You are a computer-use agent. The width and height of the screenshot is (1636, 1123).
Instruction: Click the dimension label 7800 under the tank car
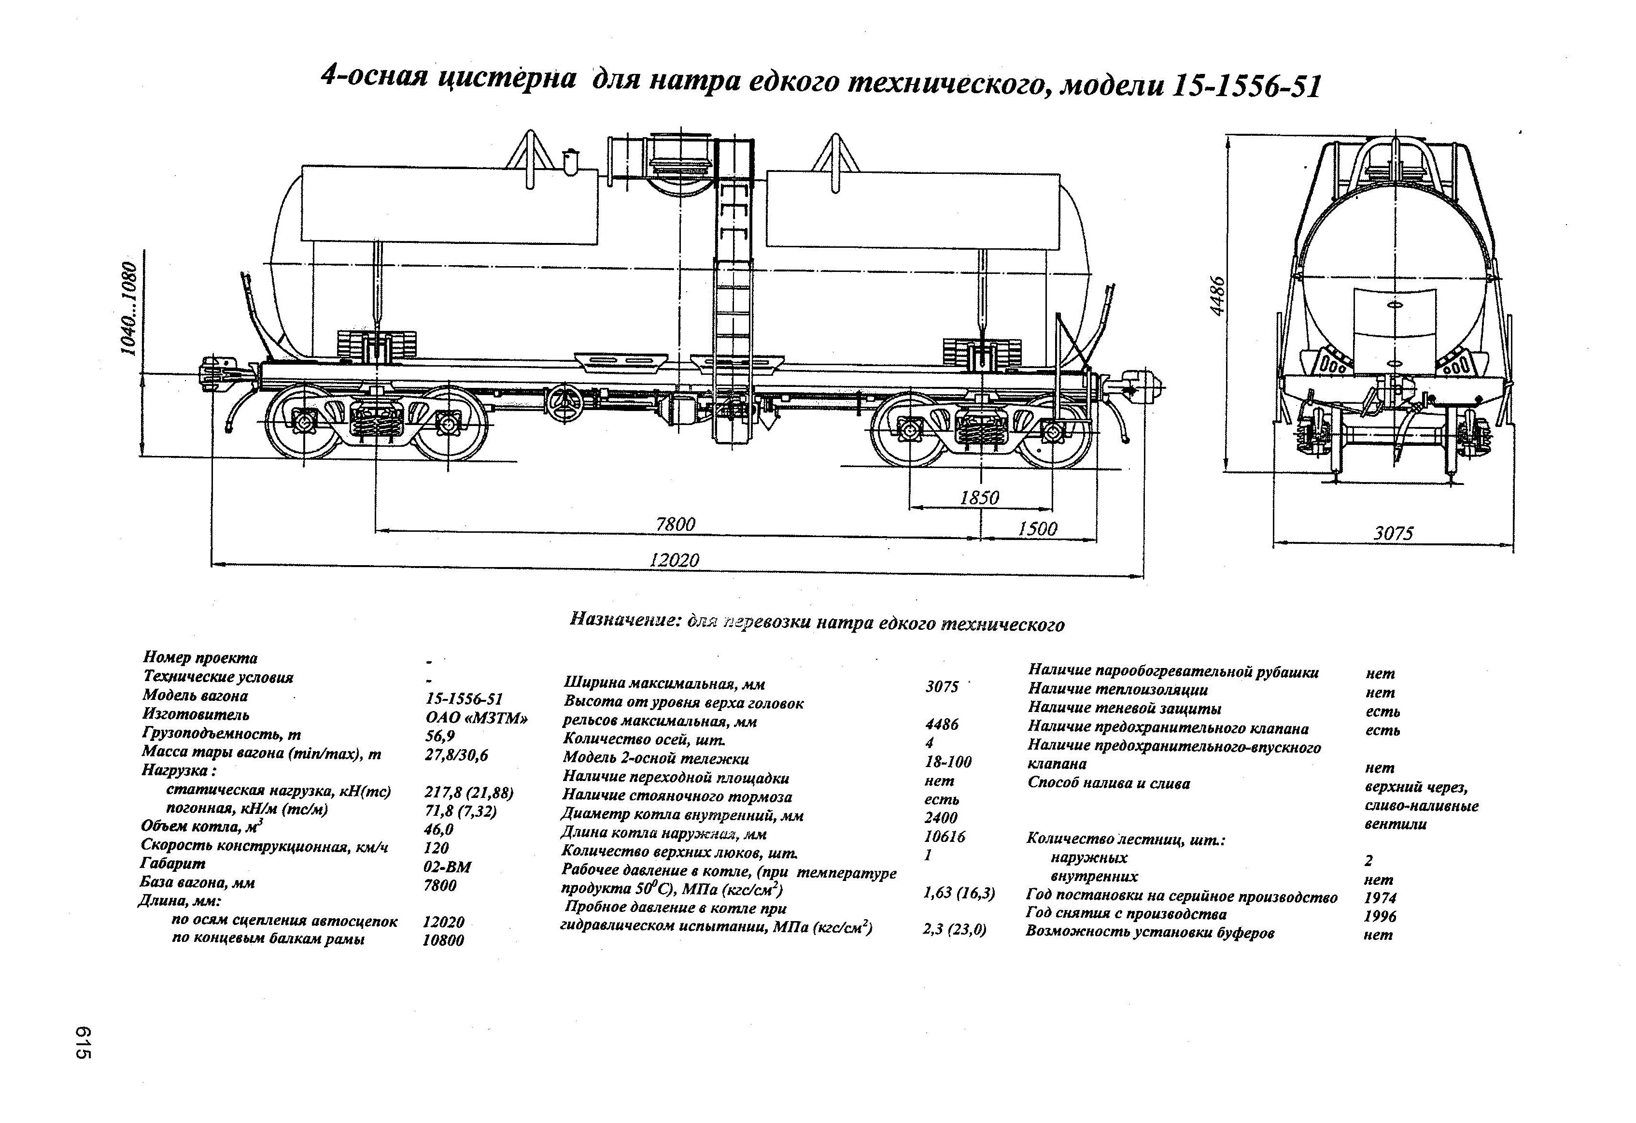click(675, 525)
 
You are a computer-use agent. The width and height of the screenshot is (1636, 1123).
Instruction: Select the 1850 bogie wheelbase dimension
click(979, 498)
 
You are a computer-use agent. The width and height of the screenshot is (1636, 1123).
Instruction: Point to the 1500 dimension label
click(1037, 529)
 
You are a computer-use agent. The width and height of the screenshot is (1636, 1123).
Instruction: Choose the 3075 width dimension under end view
click(1393, 534)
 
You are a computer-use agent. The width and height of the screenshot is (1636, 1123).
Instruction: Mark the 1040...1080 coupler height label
click(129, 308)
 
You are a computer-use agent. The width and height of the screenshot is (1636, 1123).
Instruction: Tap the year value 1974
click(1380, 898)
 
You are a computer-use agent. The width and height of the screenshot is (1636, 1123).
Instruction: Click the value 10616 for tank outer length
click(944, 837)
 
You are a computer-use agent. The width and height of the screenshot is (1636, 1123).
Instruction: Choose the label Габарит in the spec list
click(173, 863)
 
